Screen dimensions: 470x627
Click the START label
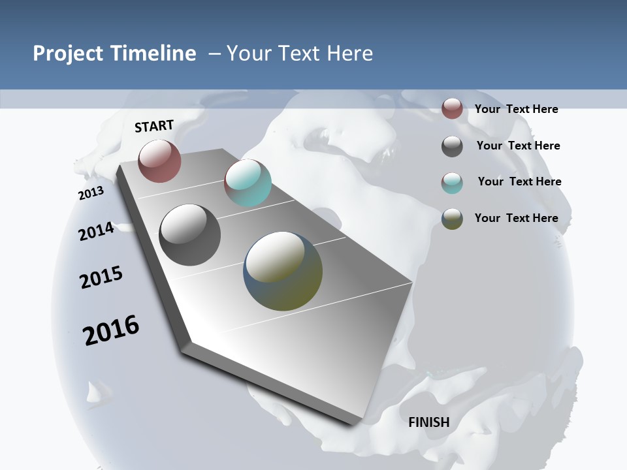(x=154, y=126)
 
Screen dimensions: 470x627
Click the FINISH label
(x=428, y=422)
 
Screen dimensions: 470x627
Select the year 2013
(x=91, y=193)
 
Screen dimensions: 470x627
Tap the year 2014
(x=96, y=231)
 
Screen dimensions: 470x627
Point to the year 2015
(x=101, y=277)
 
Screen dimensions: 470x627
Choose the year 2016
(x=111, y=330)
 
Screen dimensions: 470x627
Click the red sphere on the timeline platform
(x=159, y=161)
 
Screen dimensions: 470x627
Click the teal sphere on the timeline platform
(x=248, y=183)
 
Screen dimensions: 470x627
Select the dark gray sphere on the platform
(x=190, y=235)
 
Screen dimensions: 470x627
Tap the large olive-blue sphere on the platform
(x=283, y=271)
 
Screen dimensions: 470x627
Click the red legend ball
(x=452, y=108)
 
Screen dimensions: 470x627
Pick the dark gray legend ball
(x=452, y=146)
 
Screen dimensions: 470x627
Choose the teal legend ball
(x=452, y=183)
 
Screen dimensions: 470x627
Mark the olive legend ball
(x=452, y=219)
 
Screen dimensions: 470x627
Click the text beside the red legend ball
(x=516, y=109)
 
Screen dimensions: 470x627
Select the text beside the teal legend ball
(x=519, y=181)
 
